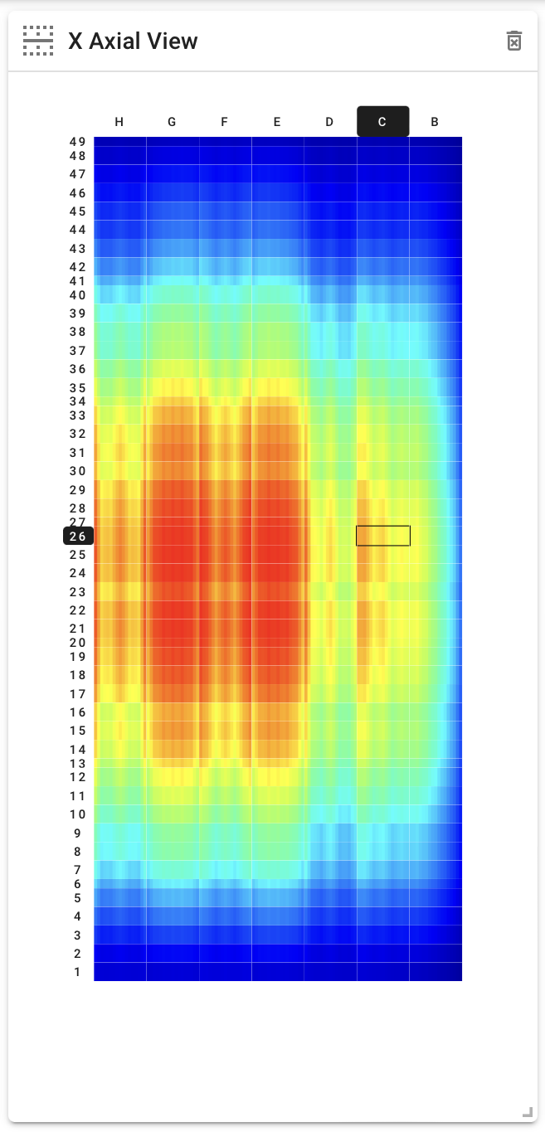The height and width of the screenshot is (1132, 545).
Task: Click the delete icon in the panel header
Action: (x=514, y=41)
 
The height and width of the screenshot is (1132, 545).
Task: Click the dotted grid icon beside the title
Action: (x=38, y=41)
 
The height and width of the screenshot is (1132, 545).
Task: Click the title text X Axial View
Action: (x=133, y=41)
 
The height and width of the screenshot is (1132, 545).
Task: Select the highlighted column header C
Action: (x=382, y=122)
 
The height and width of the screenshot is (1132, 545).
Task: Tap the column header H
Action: (x=119, y=122)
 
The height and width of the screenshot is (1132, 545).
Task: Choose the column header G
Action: (x=172, y=122)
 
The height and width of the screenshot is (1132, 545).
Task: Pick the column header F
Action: (x=224, y=122)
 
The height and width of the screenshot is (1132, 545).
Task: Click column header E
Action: (x=277, y=122)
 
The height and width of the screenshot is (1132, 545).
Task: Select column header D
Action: (x=329, y=122)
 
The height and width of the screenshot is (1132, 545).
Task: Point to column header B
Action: (x=435, y=122)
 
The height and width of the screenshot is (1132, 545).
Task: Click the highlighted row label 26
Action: (x=78, y=537)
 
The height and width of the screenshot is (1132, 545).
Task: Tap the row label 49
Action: (x=78, y=142)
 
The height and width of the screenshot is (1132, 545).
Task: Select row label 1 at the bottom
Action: (x=78, y=972)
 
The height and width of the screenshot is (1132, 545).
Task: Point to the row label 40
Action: (x=78, y=295)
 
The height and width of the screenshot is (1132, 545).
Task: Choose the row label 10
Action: (x=78, y=814)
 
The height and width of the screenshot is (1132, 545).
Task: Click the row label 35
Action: (x=78, y=387)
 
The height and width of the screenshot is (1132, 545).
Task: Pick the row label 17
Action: (x=78, y=694)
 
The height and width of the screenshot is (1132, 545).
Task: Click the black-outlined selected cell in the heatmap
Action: (x=383, y=536)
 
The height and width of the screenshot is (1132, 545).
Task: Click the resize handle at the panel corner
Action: (x=527, y=1112)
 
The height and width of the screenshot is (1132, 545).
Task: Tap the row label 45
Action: (x=78, y=211)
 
